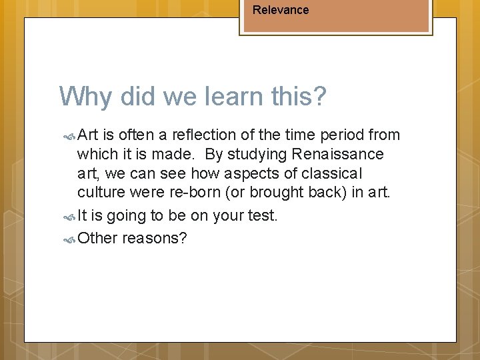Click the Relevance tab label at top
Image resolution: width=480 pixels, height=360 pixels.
tap(281, 10)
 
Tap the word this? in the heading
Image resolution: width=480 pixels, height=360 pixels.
tap(300, 97)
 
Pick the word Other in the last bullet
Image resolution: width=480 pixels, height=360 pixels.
tap(97, 238)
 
